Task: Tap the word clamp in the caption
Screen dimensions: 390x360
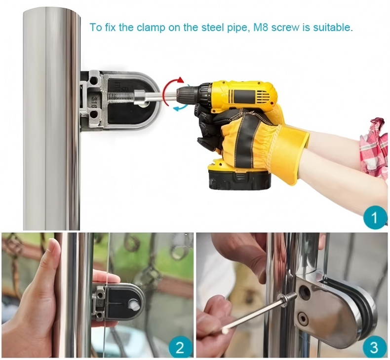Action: click(151, 28)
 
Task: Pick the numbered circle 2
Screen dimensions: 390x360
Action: click(180, 347)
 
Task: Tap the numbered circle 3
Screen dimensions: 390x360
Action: click(374, 347)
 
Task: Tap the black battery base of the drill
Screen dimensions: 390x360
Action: click(239, 180)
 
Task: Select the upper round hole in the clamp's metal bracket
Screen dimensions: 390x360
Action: click(94, 81)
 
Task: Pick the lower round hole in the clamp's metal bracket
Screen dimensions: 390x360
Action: click(94, 114)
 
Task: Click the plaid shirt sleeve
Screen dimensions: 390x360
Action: click(374, 149)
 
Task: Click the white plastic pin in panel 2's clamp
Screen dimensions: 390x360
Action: click(133, 305)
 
